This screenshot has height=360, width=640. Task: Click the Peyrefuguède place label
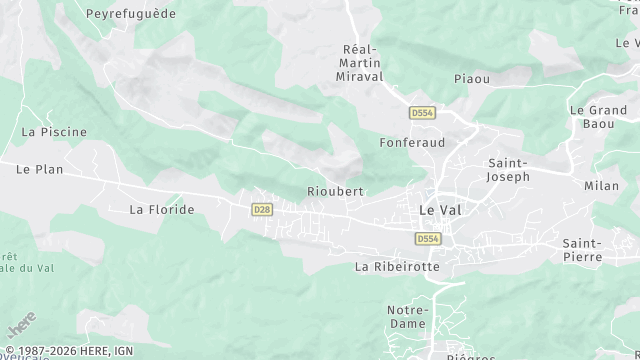(131, 14)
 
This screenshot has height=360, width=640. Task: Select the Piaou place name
(471, 79)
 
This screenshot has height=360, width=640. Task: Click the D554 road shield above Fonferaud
(421, 114)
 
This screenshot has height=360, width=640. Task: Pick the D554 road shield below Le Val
(428, 238)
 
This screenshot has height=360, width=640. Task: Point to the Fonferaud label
(412, 142)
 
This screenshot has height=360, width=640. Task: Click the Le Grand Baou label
(598, 117)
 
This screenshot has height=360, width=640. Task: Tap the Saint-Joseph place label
(508, 169)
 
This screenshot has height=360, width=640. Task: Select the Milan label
(602, 186)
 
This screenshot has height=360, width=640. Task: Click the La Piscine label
(54, 131)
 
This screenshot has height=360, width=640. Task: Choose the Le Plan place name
(40, 169)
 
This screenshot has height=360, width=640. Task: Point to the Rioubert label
(335, 191)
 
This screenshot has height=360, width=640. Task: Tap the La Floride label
(162, 209)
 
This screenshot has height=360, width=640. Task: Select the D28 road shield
(261, 209)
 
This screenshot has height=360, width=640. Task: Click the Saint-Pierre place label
(581, 250)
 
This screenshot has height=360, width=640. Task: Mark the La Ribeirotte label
(398, 267)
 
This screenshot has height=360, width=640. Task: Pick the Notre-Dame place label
(407, 316)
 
